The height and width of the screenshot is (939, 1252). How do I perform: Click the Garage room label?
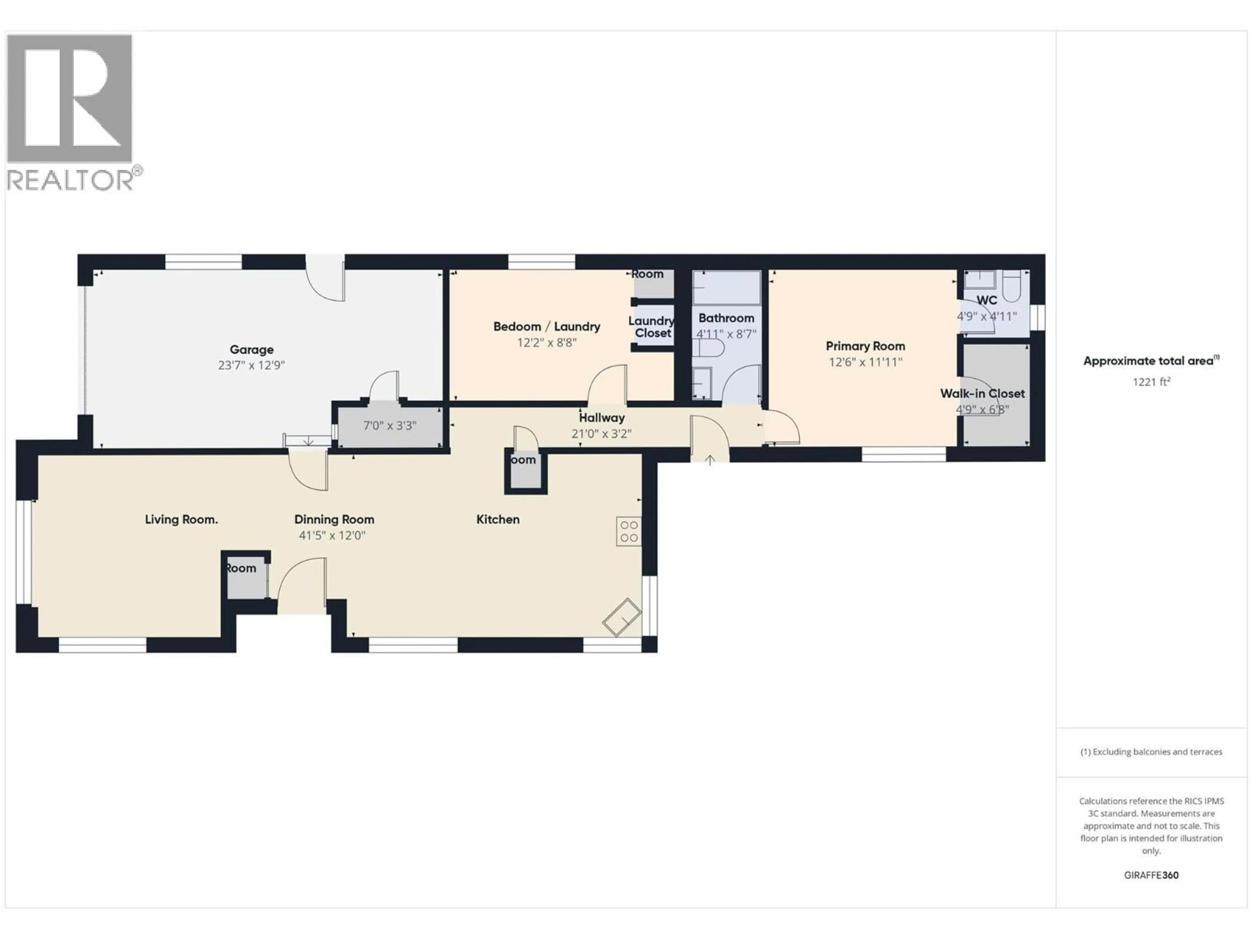[x=251, y=350]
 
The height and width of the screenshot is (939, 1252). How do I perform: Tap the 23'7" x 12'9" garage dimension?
[x=251, y=365]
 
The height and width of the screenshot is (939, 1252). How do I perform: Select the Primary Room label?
[x=865, y=346]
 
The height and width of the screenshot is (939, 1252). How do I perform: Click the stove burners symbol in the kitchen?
[x=629, y=531]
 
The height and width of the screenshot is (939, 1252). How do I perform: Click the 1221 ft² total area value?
[x=1151, y=382]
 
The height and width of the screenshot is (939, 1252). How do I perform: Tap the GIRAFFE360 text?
[x=1151, y=875]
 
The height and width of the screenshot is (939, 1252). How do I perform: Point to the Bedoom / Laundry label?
[x=546, y=327]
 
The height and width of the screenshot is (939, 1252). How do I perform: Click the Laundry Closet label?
[x=651, y=327]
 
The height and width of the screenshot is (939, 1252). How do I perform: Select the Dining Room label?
[x=334, y=520]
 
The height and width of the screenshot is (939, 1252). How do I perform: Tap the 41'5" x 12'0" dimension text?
[x=332, y=535]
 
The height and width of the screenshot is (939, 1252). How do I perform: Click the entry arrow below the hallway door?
[x=709, y=460]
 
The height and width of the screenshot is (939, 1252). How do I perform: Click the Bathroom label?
[x=726, y=318]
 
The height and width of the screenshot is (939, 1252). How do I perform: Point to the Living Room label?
[x=181, y=520]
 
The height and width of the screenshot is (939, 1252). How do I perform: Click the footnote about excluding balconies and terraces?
[x=1151, y=752]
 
